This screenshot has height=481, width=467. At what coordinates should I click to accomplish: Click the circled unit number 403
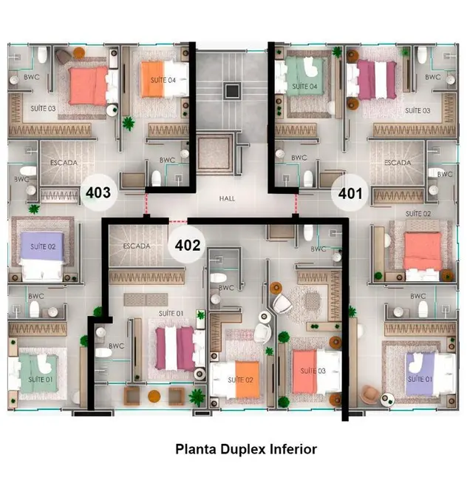98,193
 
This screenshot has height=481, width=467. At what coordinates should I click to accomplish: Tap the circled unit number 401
350,194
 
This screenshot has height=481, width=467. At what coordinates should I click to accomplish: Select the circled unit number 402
188,245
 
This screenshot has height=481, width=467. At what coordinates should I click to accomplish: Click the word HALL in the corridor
227,198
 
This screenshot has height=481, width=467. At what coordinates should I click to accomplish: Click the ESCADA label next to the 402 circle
137,246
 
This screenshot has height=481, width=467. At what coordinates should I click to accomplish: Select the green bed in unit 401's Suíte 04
301,78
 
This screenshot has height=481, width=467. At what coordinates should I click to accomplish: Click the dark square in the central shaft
232,91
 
